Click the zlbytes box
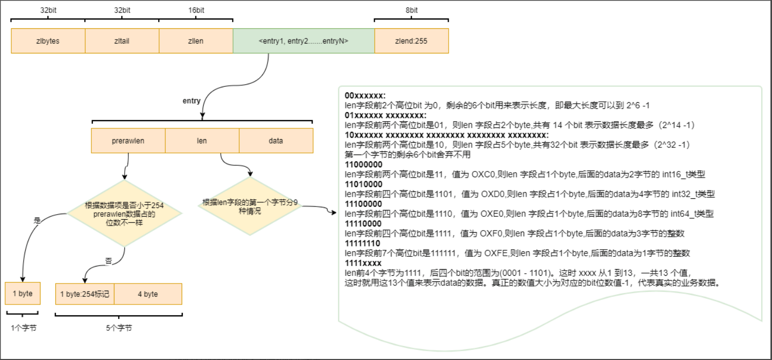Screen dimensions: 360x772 (48, 41)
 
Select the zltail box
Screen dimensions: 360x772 (122, 41)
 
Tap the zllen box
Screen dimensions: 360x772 (196, 41)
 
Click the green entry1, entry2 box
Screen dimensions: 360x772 (304, 41)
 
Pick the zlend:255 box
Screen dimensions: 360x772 (411, 41)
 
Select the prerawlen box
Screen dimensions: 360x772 (128, 141)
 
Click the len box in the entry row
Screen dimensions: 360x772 (202, 141)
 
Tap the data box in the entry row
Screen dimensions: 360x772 (276, 141)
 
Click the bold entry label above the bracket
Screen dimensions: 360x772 (191, 101)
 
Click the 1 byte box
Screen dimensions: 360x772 (22, 294)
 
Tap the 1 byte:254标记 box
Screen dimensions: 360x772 (84, 294)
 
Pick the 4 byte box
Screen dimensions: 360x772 (148, 294)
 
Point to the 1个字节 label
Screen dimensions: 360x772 (23, 328)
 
